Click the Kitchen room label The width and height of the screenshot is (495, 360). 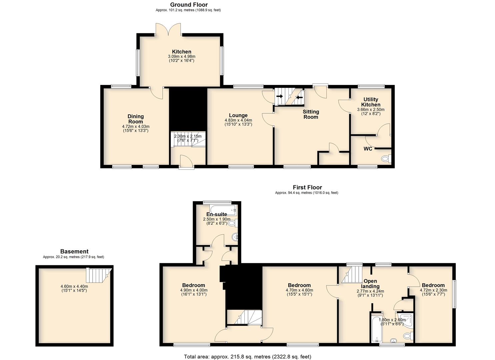(182, 52)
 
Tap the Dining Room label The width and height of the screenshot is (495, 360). (136, 119)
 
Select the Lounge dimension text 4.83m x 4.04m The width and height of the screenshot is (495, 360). (238, 120)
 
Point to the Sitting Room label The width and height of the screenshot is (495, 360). (311, 114)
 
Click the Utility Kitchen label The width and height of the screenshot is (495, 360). (371, 102)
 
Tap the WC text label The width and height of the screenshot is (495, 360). (368, 149)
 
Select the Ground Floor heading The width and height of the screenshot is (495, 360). (189, 5)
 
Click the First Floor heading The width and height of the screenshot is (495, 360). (307, 187)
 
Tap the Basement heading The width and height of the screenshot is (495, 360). (74, 251)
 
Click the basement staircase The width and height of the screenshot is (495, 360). (99, 275)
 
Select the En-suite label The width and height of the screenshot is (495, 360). (217, 214)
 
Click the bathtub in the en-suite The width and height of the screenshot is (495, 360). (223, 210)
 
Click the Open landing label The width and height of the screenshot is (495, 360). (370, 284)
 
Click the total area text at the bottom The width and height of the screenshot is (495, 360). (247, 356)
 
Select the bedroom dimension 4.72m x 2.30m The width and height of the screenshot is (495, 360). (433, 290)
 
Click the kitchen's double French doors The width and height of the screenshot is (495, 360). (168, 29)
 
